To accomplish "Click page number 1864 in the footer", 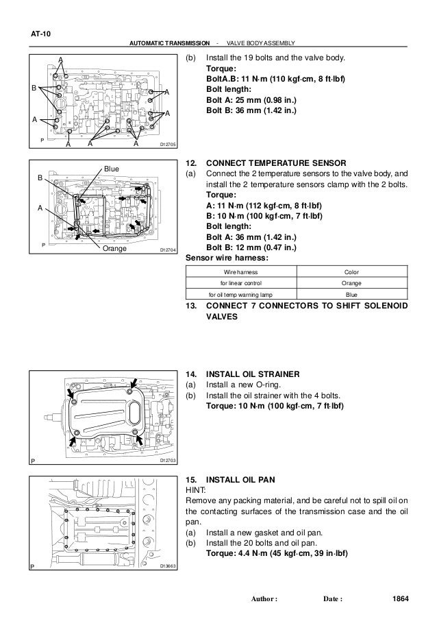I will pos(398,600).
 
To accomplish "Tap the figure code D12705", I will pos(168,145).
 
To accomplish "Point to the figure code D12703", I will pos(168,460).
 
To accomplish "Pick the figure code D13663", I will pos(168,566).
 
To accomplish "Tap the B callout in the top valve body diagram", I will pos(33,88).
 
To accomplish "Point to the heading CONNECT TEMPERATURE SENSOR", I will pos(277,164).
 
